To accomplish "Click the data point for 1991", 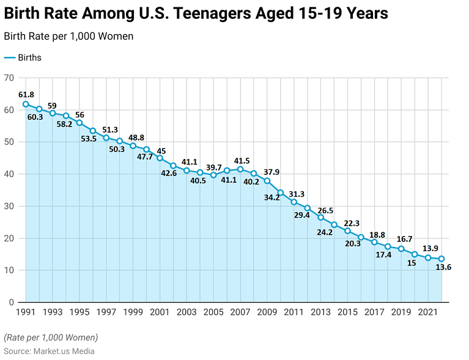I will (26, 104).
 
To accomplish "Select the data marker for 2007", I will (240, 169).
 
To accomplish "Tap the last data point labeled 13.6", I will (441, 259).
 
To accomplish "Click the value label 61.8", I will (26, 95).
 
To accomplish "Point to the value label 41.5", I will (242, 160).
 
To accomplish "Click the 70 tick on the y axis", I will (9, 78).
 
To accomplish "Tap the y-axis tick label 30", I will (9, 206).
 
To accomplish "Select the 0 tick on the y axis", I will (11, 302).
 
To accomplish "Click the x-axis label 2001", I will (160, 312).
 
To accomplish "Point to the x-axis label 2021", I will (428, 312).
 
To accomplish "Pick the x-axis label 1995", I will (79, 312).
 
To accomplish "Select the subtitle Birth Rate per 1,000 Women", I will (68, 36).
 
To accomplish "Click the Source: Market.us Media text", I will (49, 351).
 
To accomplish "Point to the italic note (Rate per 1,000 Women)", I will (50, 337).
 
